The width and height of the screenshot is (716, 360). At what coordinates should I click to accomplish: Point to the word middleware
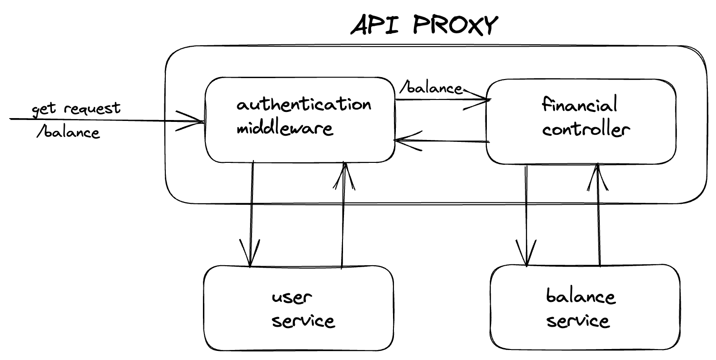coord(284,129)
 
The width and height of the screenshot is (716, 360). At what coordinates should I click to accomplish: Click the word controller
coord(586,130)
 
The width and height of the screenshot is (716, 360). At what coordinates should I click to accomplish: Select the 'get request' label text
coord(76,109)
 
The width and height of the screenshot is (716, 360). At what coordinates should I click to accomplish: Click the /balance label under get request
coord(68,132)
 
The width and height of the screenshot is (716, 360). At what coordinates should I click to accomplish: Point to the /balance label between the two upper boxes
coord(431,89)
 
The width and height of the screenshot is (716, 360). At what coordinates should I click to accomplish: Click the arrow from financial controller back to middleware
coord(441,141)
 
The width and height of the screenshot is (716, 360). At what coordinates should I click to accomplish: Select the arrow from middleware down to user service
coord(251,214)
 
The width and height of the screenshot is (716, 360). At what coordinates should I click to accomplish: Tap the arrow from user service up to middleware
coord(343,214)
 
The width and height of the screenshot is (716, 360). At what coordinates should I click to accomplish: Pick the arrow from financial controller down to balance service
coord(526,214)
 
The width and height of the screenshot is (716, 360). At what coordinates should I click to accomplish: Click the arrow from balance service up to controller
coord(598,214)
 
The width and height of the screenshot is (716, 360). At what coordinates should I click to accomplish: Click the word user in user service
coord(292,298)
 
